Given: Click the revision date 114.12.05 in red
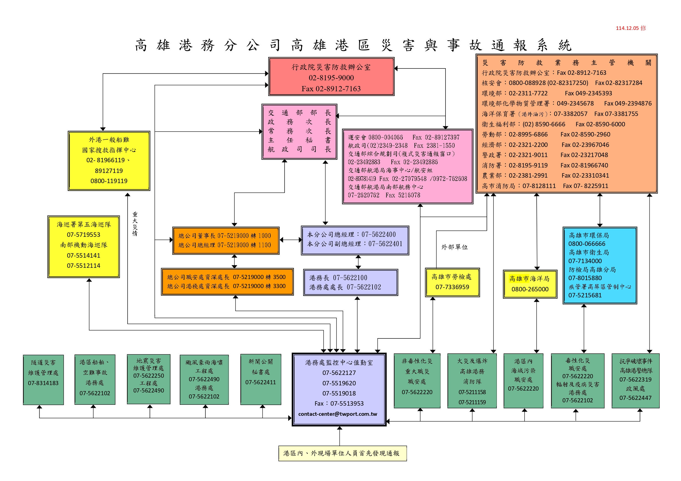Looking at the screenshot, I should (630, 28).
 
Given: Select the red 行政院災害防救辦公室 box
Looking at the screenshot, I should (331, 77).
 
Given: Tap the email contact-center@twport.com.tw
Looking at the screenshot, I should (338, 414).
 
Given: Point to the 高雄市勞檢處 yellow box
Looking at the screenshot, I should (452, 282).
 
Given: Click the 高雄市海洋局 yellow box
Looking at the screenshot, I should (530, 284).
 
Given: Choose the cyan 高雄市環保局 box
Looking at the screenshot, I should (599, 265).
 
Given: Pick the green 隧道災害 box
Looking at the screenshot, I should (43, 379).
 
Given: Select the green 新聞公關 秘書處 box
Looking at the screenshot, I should (261, 379).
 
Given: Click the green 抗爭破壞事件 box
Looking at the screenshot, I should (635, 381).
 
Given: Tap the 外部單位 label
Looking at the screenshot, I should (454, 247).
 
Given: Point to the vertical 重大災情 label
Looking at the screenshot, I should (135, 224).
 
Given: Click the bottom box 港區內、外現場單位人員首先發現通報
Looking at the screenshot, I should (342, 453).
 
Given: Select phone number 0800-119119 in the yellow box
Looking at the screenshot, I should (109, 181).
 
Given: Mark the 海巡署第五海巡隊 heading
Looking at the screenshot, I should (84, 224).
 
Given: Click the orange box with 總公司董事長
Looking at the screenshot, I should (226, 241).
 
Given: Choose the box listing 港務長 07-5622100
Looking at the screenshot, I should (350, 282).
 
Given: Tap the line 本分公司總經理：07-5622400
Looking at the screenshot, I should (351, 235).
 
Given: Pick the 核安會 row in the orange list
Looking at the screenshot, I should (562, 83).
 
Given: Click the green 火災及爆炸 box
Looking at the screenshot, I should (472, 381).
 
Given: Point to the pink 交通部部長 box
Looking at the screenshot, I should (299, 132).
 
